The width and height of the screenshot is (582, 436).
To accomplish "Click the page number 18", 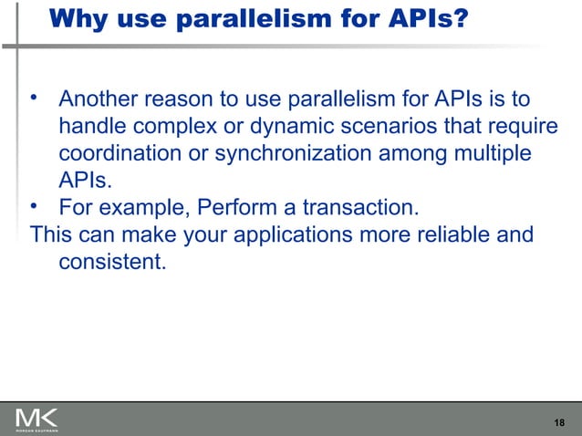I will [x=559, y=421].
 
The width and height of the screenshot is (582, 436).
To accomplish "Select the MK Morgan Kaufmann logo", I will [x=36, y=419].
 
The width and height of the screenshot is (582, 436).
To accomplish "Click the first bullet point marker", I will [x=35, y=96].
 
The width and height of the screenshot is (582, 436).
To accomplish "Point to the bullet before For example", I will [x=35, y=205].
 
